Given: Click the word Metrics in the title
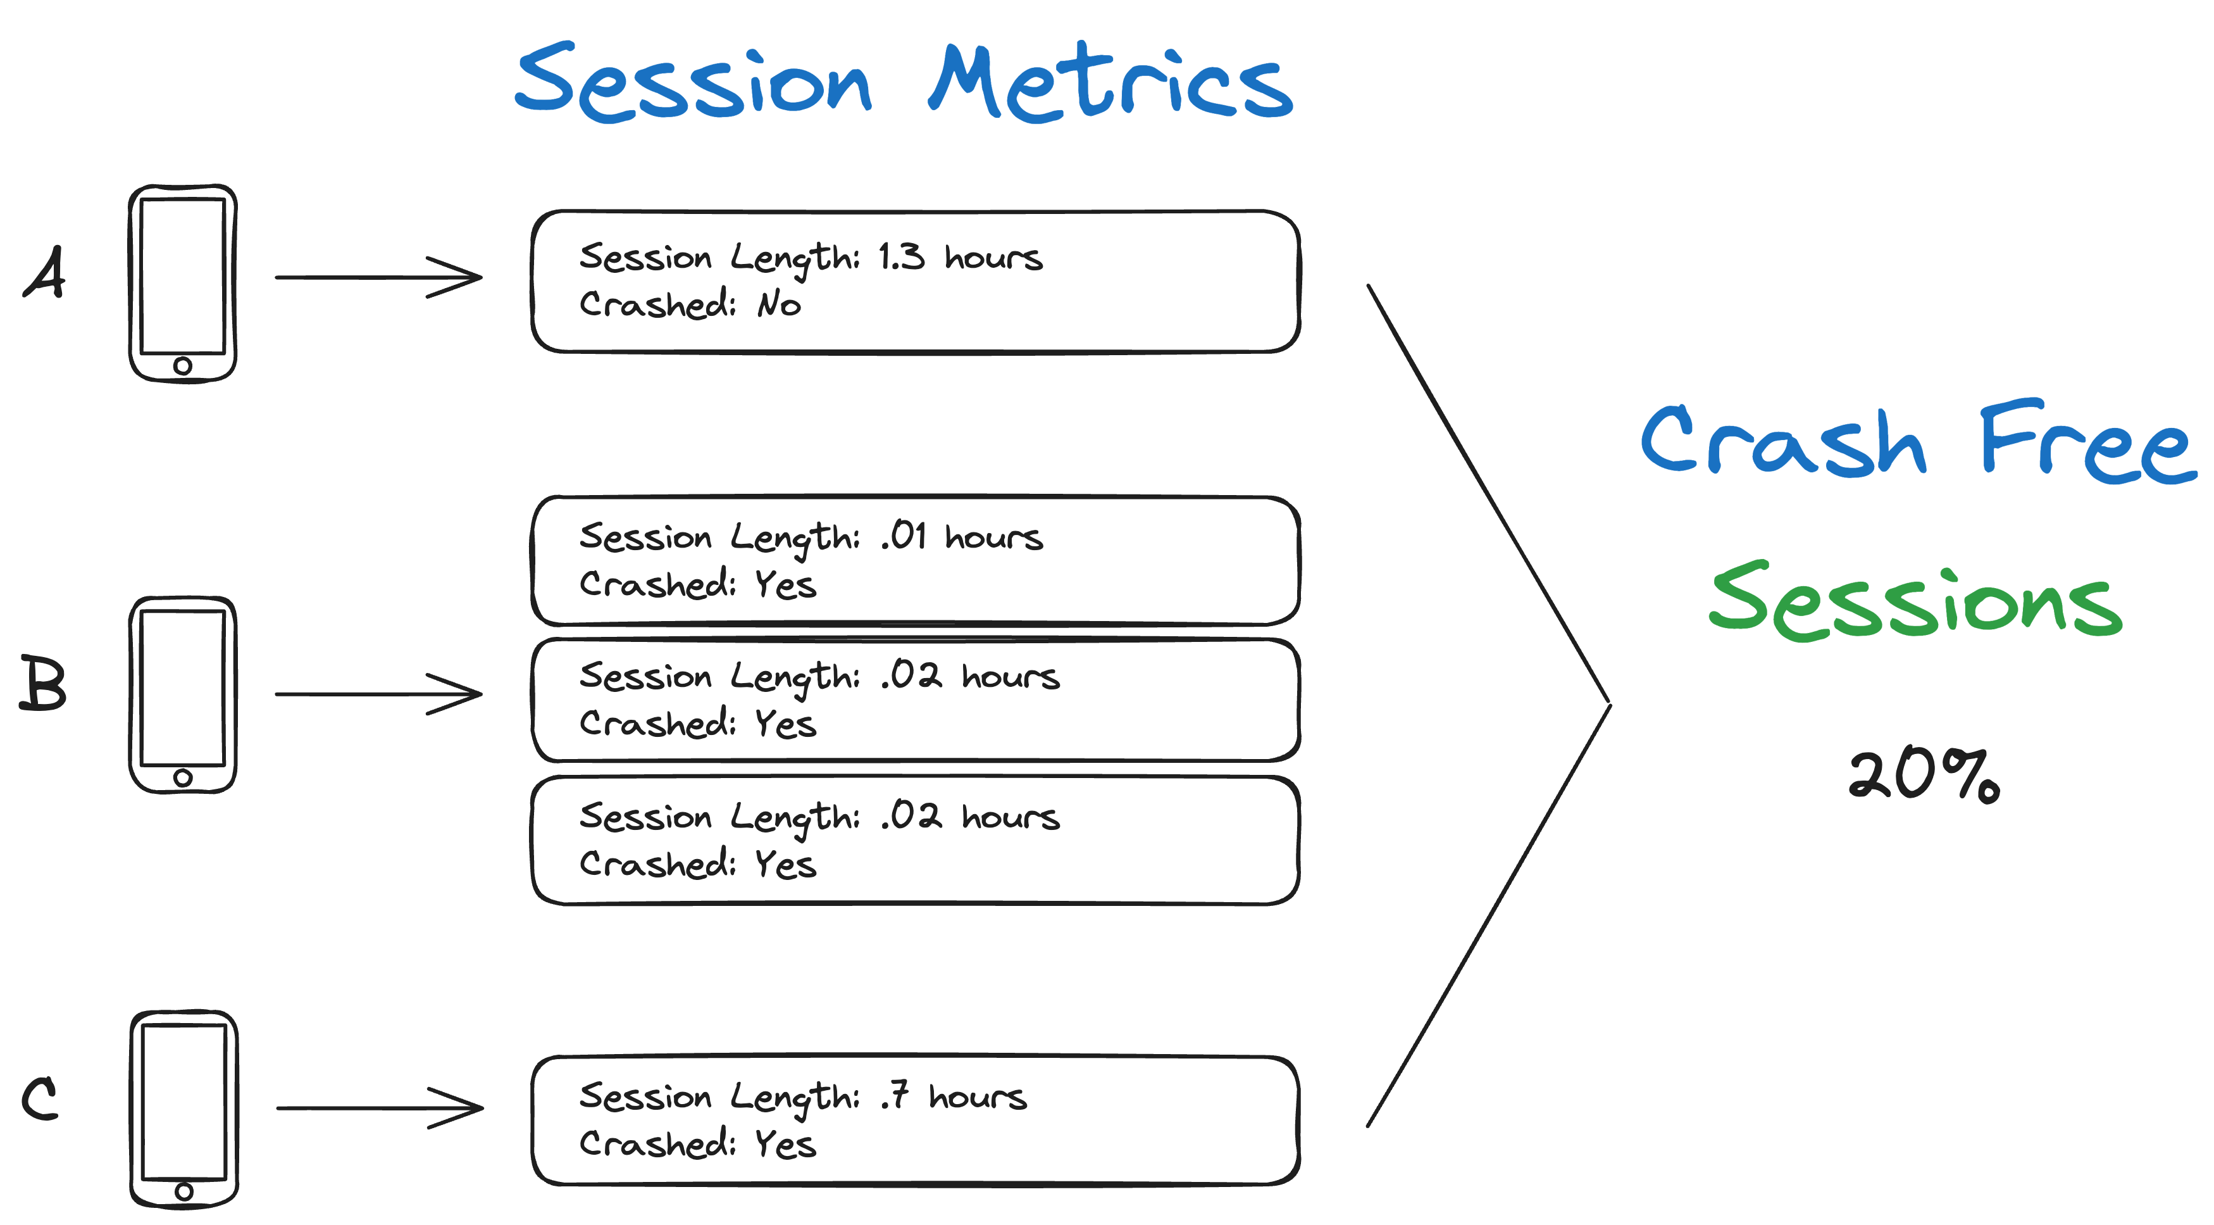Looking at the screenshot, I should click(1110, 84).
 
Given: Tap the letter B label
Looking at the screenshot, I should click(43, 684).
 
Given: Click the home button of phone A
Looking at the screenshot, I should click(182, 366).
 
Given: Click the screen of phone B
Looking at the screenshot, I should click(182, 688).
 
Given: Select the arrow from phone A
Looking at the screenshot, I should click(378, 277).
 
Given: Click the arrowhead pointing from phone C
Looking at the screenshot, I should click(460, 1107).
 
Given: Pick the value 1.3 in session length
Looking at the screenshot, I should click(901, 257).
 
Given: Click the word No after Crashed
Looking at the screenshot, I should click(779, 305).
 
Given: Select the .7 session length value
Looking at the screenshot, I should click(894, 1096).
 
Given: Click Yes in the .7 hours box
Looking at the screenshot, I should click(785, 1144).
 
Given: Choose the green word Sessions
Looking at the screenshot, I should click(1915, 602).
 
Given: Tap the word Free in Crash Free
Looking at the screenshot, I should click(2087, 442).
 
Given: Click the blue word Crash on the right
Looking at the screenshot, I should click(1782, 442).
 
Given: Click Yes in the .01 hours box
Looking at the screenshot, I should click(785, 584).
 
